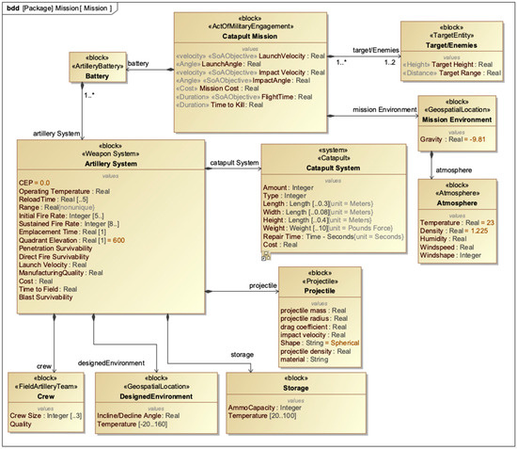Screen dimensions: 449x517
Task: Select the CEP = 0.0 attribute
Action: (x=35, y=183)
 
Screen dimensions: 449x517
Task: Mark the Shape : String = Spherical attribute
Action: (x=320, y=344)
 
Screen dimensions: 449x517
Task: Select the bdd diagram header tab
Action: (x=56, y=8)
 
